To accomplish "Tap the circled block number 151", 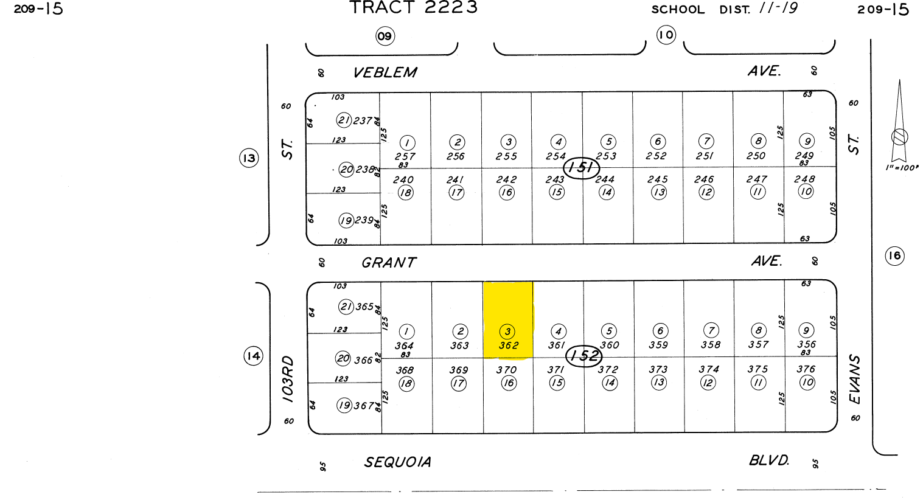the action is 582,167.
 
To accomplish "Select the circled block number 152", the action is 584,356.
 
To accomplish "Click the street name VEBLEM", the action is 385,73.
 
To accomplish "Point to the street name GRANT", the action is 389,263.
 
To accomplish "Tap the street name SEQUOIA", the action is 398,462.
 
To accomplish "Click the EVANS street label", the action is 855,380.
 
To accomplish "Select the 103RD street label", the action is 288,378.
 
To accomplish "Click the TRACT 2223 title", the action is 414,8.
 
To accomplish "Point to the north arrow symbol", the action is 899,122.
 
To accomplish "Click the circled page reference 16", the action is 894,255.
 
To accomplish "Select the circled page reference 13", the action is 249,159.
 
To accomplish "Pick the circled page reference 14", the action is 253,356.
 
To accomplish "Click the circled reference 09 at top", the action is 385,36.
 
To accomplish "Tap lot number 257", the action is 405,156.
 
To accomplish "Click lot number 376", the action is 806,369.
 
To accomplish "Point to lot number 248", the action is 804,179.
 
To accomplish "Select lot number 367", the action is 363,406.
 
